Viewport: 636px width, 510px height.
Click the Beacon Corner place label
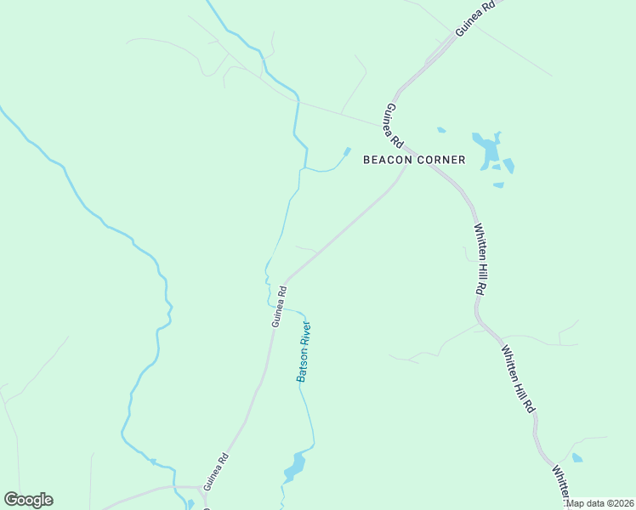click(414, 160)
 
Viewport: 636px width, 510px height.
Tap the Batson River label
click(303, 351)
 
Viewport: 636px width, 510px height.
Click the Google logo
click(28, 500)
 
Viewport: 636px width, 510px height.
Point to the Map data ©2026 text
click(600, 504)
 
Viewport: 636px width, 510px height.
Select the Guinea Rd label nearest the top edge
click(474, 17)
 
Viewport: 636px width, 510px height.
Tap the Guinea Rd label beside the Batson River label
click(278, 306)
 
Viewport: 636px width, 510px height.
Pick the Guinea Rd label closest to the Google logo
click(217, 468)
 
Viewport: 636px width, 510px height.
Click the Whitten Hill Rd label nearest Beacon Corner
click(480, 259)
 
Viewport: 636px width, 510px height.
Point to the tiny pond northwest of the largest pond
click(441, 130)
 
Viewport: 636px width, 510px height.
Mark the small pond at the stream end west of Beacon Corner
click(346, 153)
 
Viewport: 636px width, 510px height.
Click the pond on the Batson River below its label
click(295, 466)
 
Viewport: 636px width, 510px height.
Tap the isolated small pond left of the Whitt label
click(577, 458)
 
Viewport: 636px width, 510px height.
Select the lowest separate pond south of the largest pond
click(498, 184)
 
